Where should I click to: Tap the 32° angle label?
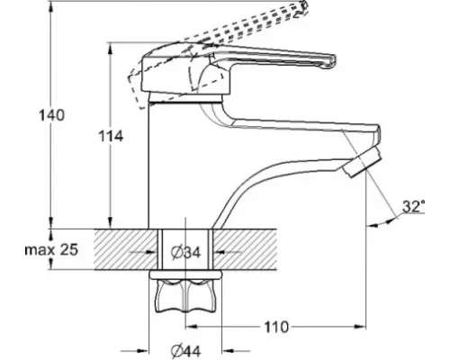point(413,207)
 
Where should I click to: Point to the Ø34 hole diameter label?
point(185,252)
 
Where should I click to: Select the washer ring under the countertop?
point(186,272)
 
